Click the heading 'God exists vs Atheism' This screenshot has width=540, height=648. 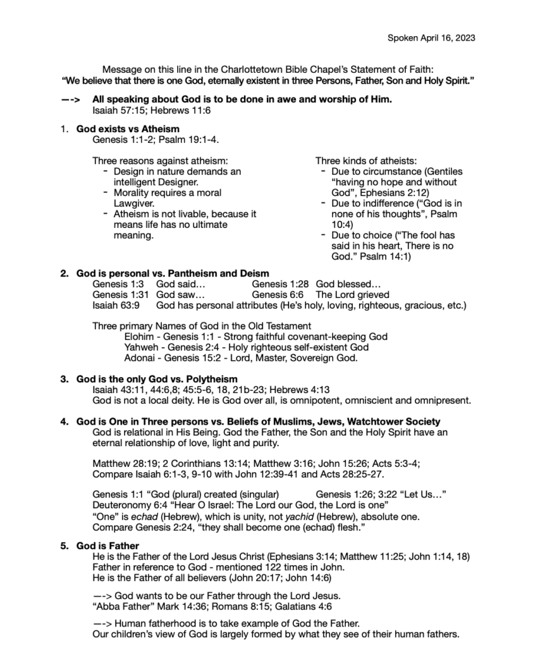tap(128, 128)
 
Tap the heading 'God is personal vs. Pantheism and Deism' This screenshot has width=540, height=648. tap(173, 273)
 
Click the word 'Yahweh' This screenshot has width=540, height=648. tap(142, 347)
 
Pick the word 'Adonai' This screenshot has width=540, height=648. tap(140, 358)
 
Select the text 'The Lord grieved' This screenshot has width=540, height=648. tap(352, 295)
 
